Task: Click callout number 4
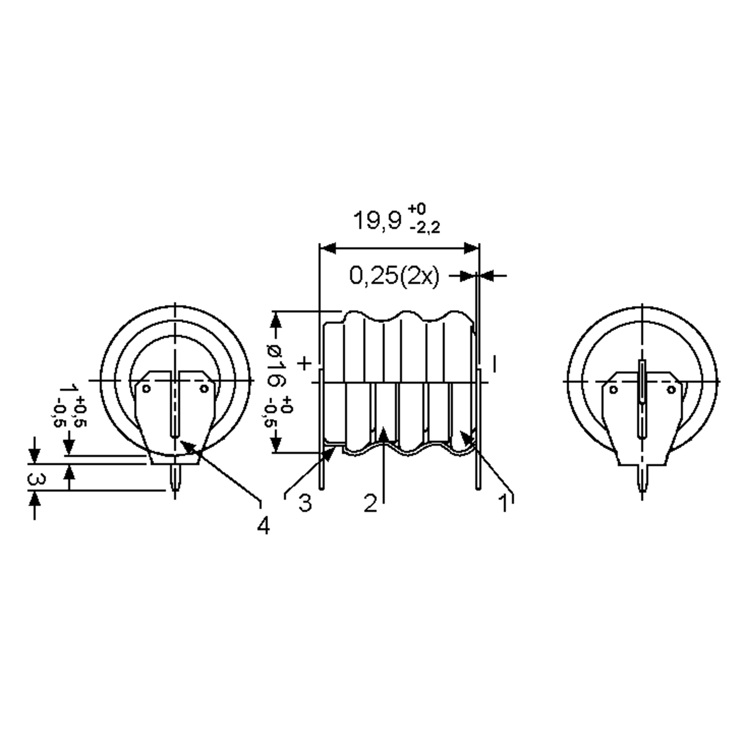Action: (x=263, y=526)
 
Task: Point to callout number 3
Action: (x=305, y=503)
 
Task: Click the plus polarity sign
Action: (x=304, y=363)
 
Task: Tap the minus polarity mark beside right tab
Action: (x=494, y=364)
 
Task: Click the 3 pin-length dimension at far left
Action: (x=37, y=479)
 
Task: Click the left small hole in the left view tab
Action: (x=146, y=388)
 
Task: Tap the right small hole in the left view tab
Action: (x=204, y=388)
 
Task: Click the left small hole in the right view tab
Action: (x=613, y=390)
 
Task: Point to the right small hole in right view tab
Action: (x=671, y=390)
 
